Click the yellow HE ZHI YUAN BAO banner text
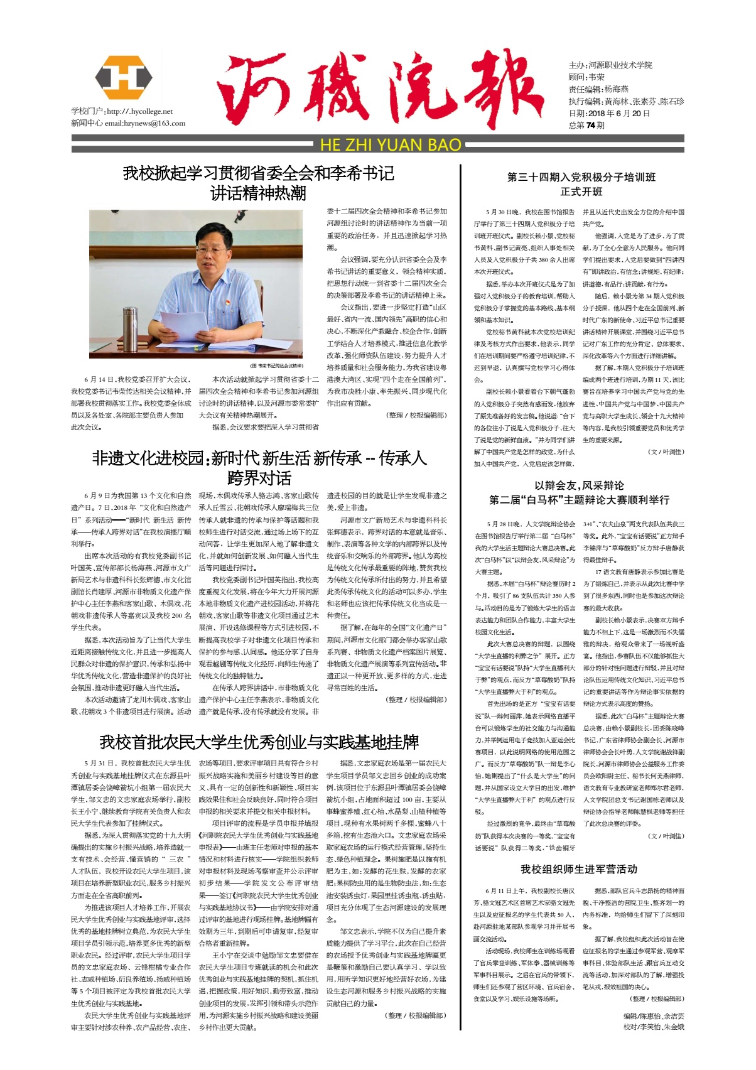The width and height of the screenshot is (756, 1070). coord(391,145)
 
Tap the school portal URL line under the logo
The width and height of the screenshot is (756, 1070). coord(122,111)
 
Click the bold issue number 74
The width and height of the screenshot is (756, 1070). coord(590,125)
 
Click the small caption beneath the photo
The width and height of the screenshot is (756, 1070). coord(277,365)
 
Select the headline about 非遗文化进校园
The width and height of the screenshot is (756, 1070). coord(259,467)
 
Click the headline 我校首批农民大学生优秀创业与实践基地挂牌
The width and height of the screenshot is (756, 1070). coord(259,743)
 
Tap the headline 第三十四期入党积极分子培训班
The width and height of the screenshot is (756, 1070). coord(581,177)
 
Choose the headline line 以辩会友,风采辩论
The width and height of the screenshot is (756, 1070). coord(579,485)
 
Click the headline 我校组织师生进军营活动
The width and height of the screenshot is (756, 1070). coord(578,869)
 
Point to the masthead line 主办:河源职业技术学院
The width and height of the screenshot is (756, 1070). coord(610,65)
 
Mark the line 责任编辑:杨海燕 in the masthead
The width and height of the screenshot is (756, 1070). coord(598,89)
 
